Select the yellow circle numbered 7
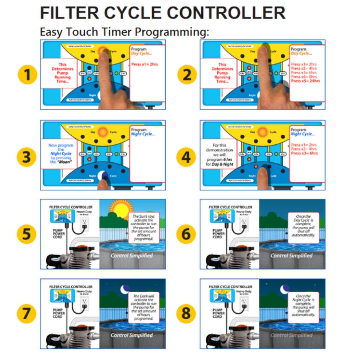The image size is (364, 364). tap(27, 313)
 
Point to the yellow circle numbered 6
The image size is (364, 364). tap(186, 234)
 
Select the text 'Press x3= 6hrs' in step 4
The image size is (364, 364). tap(304, 153)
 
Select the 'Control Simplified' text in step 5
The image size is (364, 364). tap(132, 256)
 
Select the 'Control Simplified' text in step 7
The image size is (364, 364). tap(132, 335)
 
